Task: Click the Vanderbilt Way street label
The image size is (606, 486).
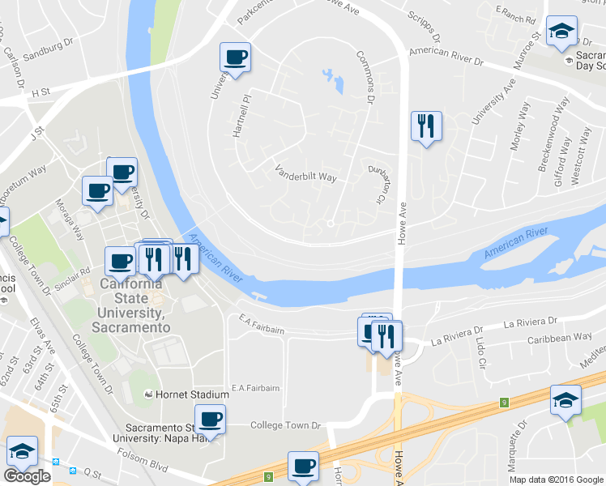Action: [x=305, y=173]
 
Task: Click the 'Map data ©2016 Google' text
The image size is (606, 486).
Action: [x=556, y=480]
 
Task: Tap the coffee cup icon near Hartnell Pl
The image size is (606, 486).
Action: [x=236, y=58]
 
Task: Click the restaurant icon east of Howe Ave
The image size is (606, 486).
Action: [x=426, y=126]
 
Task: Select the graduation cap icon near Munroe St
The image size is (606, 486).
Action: [x=561, y=32]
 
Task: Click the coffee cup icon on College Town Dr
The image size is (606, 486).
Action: [x=210, y=420]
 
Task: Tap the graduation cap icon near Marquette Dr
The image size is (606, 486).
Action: [x=565, y=399]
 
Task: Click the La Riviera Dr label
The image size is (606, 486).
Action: [x=532, y=323]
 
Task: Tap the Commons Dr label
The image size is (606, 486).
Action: [x=366, y=76]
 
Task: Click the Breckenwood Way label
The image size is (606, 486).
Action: [x=544, y=143]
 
